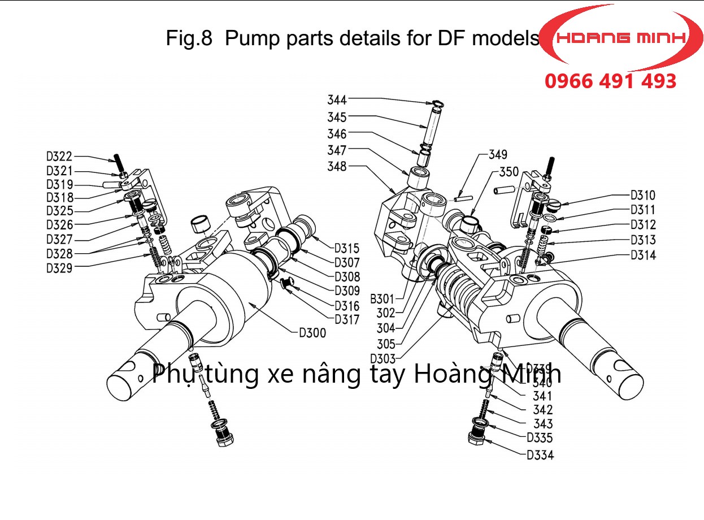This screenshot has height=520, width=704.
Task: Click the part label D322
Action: (59, 157)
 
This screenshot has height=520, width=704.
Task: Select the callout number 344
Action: (337, 100)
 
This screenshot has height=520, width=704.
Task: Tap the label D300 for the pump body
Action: (312, 333)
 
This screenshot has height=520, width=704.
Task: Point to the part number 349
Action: (498, 154)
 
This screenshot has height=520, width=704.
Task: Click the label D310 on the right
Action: (643, 196)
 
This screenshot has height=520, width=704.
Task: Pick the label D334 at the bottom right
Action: (540, 454)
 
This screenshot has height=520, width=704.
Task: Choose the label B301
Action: (382, 298)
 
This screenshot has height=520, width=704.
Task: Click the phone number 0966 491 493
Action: (610, 81)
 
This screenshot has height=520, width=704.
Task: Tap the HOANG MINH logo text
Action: (622, 38)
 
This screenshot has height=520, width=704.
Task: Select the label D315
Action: (347, 248)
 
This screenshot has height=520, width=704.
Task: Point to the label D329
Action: (59, 268)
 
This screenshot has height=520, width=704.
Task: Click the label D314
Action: (643, 255)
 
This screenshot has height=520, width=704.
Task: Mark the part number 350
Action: (509, 172)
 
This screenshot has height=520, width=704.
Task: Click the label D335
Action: (540, 437)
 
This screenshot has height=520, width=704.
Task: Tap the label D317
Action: (347, 319)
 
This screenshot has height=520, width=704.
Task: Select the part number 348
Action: (337, 167)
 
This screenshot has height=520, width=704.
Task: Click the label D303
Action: (383, 358)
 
